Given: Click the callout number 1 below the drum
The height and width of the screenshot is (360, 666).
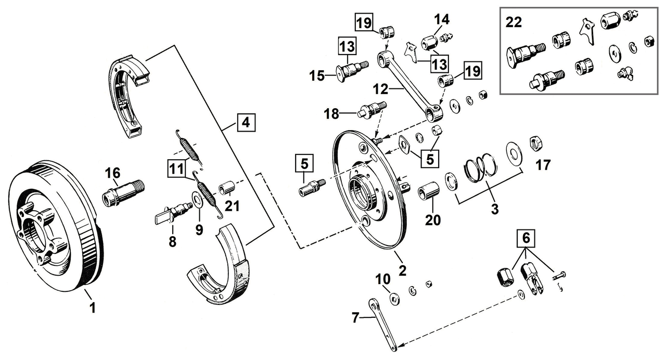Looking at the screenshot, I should (93, 308).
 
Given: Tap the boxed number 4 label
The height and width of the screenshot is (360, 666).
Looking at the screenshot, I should (245, 124).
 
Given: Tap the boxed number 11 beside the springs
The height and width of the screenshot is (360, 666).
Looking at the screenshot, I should (175, 168).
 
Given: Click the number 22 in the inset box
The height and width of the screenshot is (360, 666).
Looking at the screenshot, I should (515, 23).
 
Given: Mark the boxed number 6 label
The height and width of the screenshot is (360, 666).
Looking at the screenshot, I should (526, 239).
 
